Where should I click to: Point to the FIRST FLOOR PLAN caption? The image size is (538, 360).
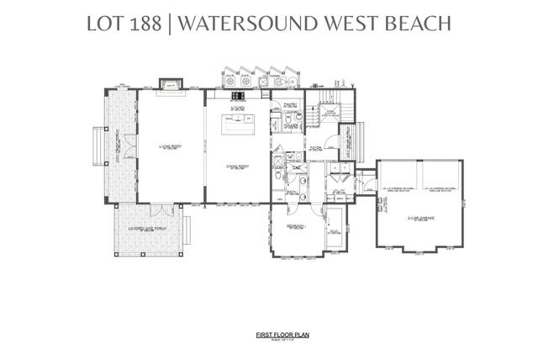pyautogui.click(x=269, y=335)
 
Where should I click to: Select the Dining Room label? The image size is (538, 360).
pyautogui.click(x=239, y=167)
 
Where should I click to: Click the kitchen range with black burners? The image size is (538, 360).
pyautogui.click(x=237, y=96)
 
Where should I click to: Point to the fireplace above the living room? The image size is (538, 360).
pyautogui.click(x=171, y=83)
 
